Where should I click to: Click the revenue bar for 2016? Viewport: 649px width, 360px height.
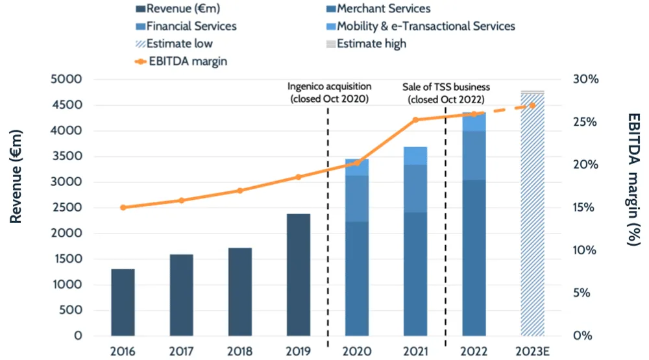click(x=123, y=302)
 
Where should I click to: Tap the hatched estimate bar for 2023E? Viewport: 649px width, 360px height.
click(x=532, y=214)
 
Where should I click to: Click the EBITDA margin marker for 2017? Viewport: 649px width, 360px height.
click(x=182, y=200)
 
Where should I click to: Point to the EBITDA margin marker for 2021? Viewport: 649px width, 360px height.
click(x=415, y=120)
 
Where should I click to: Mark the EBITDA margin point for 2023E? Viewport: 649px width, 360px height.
click(x=532, y=105)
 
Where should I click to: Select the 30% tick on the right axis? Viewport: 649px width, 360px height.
click(x=587, y=79)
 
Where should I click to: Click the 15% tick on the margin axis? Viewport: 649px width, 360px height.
click(x=587, y=208)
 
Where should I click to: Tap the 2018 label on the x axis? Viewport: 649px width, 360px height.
click(x=240, y=352)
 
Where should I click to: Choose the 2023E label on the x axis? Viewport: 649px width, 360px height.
click(x=532, y=352)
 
